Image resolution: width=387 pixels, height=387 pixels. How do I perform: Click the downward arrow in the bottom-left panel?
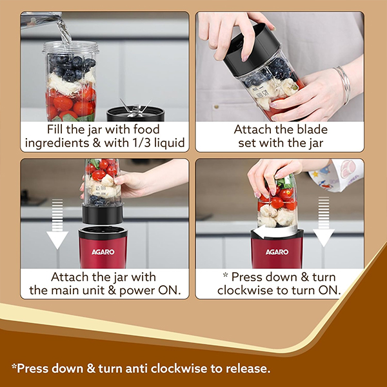click(57, 226)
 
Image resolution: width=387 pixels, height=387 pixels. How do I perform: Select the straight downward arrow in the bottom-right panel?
click(324, 223)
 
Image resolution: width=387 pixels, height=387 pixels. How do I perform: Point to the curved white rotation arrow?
click(271, 231)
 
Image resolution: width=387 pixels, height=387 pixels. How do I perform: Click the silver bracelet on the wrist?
click(342, 84)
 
